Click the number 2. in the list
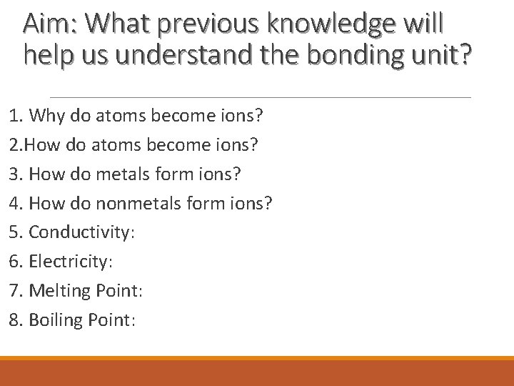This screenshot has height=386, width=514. pos(16,145)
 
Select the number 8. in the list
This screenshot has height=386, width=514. pos(15,320)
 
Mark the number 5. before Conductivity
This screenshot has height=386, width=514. pos(15,232)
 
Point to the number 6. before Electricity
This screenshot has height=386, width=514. pos(15,262)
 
